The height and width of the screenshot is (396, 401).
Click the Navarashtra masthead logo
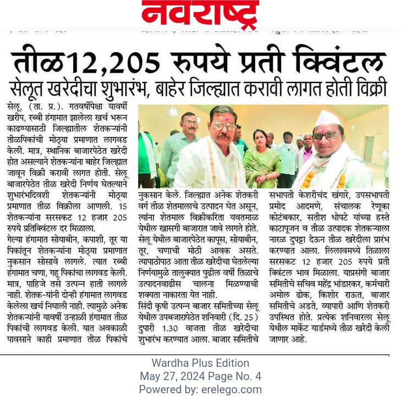coord(200,15)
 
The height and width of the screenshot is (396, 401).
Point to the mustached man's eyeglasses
coord(223,127)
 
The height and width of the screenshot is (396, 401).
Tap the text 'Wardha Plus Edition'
coord(200,364)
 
